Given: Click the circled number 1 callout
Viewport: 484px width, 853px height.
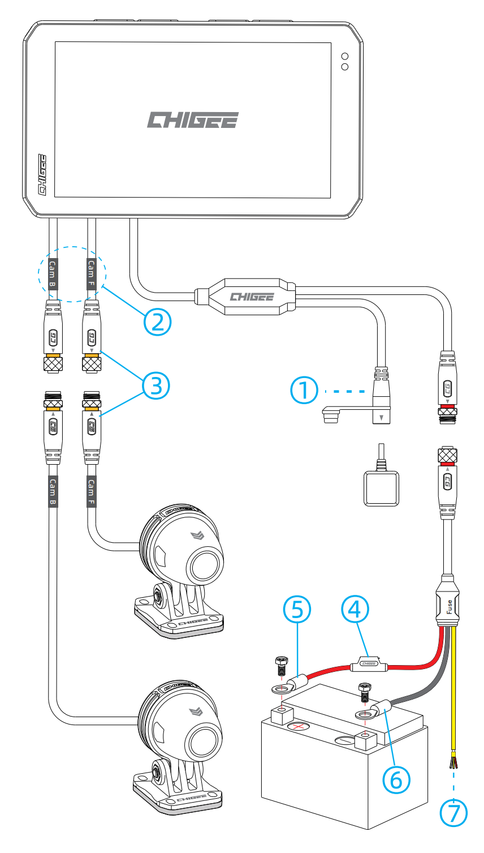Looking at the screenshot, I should click(x=304, y=391).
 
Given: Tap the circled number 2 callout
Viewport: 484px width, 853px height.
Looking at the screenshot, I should click(x=157, y=321).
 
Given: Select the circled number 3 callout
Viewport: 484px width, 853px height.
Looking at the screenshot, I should click(x=156, y=385).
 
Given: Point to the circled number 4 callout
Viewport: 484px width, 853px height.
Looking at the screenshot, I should click(x=355, y=609).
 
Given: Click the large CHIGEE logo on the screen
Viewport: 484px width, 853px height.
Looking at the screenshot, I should click(x=193, y=119).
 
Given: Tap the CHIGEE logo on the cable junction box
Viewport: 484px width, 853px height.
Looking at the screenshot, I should click(x=252, y=297).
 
